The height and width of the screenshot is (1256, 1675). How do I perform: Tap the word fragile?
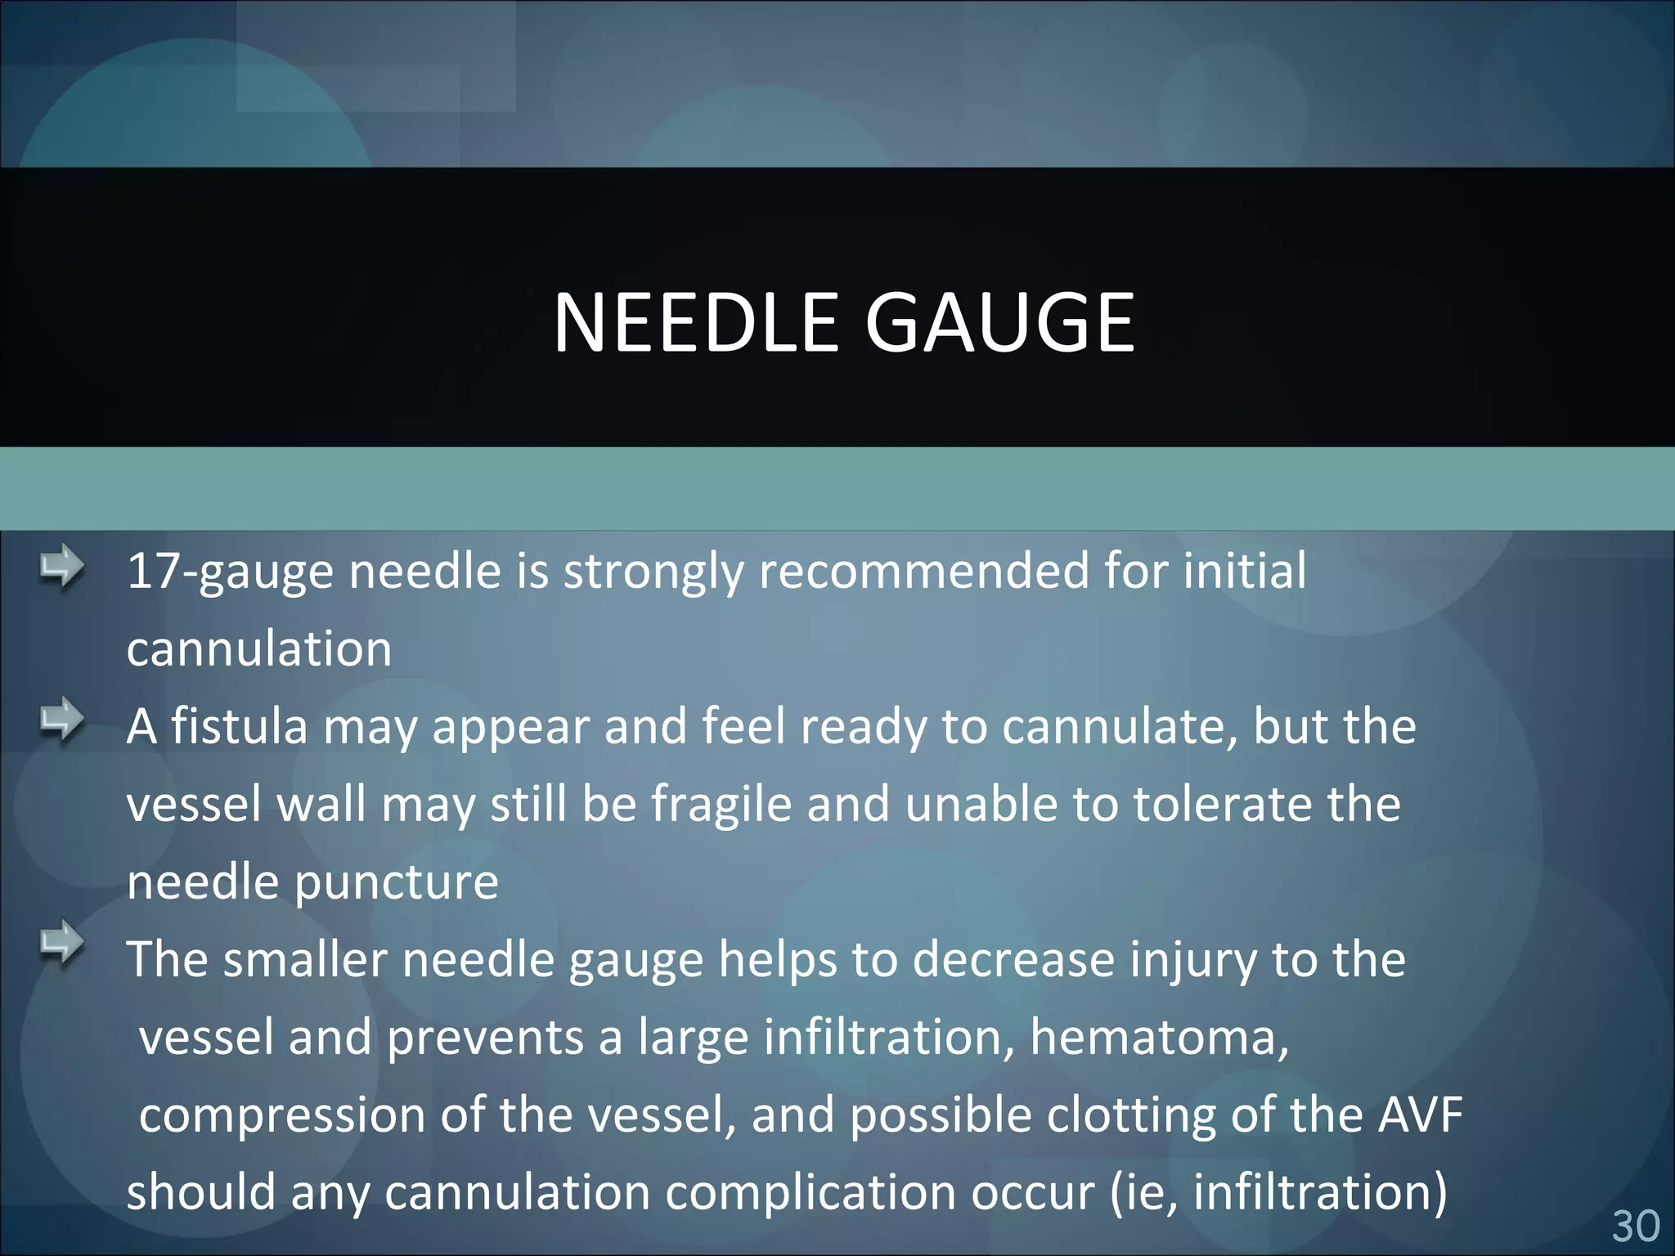click(x=721, y=805)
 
